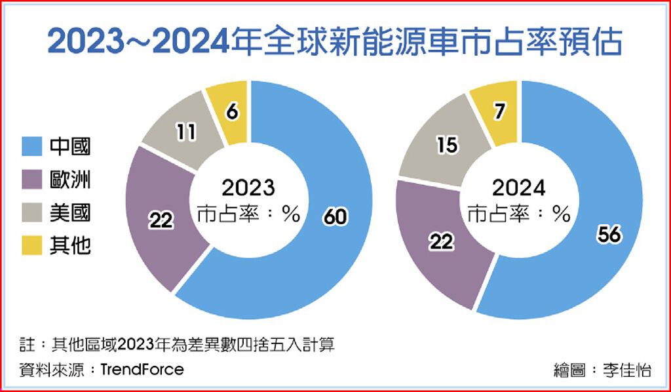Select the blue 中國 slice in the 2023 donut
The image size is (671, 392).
point(328,249)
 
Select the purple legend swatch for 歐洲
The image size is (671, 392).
point(32,179)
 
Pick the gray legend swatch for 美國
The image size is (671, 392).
point(32,212)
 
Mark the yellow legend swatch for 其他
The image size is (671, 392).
point(32,246)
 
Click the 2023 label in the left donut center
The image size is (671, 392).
point(248,189)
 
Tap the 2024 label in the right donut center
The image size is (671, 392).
point(519,189)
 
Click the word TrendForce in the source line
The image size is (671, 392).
point(142,369)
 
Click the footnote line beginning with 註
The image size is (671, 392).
point(177,345)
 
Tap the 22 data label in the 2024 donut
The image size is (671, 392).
point(442,243)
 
